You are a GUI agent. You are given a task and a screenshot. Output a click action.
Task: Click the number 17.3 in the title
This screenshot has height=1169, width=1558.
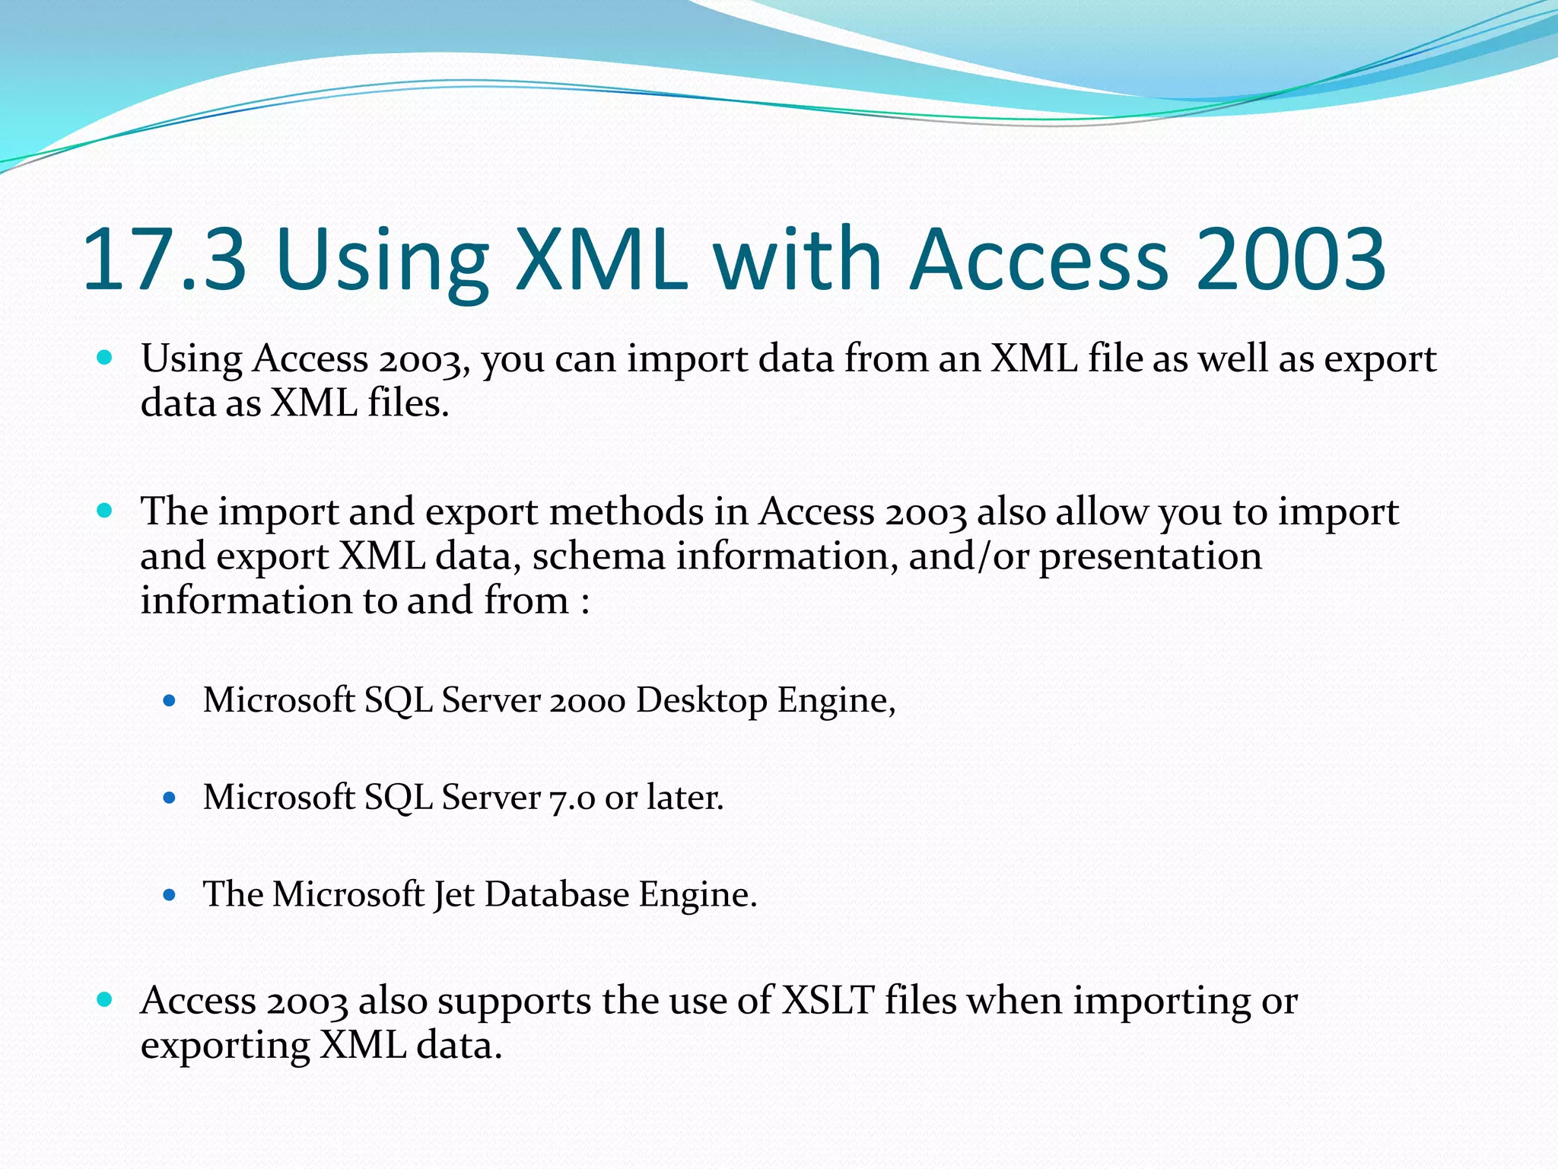[x=164, y=260]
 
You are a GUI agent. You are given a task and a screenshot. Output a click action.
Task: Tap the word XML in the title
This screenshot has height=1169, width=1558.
[x=601, y=260]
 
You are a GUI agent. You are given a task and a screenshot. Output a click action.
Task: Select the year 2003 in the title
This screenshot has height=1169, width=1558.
[x=1290, y=260]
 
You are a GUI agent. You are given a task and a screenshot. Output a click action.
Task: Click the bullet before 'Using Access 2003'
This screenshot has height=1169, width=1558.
[x=105, y=357]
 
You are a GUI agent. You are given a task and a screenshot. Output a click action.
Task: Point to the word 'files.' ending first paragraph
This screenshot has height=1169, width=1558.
[x=409, y=403]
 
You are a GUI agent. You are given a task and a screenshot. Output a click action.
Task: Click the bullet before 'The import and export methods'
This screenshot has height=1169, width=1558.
[x=105, y=510]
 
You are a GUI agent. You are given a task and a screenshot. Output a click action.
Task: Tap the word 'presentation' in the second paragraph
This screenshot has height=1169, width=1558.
[x=1149, y=557]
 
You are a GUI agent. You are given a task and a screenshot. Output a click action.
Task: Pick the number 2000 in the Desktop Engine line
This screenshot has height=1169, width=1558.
[x=587, y=700]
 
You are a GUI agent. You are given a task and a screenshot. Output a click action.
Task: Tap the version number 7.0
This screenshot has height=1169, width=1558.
[x=572, y=798]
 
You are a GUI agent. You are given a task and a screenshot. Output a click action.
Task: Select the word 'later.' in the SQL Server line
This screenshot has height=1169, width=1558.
[x=685, y=798]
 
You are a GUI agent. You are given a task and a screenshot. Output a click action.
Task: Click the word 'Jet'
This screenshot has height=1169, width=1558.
[x=453, y=895]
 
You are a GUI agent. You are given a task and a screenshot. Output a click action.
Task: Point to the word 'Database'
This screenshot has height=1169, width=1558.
[x=557, y=894]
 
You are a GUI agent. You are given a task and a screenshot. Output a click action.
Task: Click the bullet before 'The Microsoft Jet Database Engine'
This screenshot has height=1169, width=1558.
[x=170, y=895]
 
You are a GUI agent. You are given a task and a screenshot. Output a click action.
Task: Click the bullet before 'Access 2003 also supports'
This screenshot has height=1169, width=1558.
[x=105, y=999]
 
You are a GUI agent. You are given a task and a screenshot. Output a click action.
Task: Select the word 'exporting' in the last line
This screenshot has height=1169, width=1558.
[x=224, y=1046]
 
